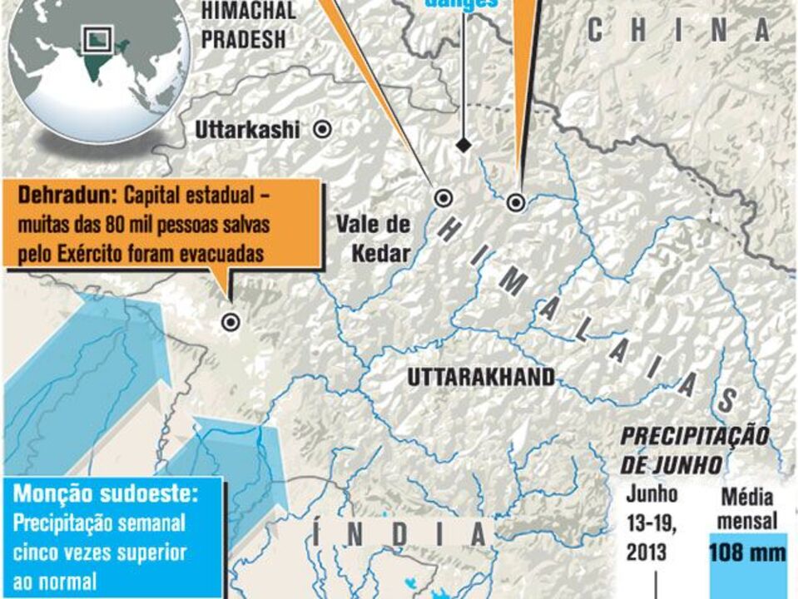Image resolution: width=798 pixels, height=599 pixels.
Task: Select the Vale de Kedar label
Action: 374,238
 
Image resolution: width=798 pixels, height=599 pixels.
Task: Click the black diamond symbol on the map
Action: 463,145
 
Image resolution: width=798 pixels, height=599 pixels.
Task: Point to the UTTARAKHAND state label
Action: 481,378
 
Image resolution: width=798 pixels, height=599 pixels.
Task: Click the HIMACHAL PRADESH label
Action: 247,25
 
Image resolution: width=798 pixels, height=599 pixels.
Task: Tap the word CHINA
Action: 678,31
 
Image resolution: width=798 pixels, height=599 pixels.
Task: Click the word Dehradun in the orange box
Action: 67,197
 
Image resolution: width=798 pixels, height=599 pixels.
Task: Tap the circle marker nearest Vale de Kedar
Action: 444,198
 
